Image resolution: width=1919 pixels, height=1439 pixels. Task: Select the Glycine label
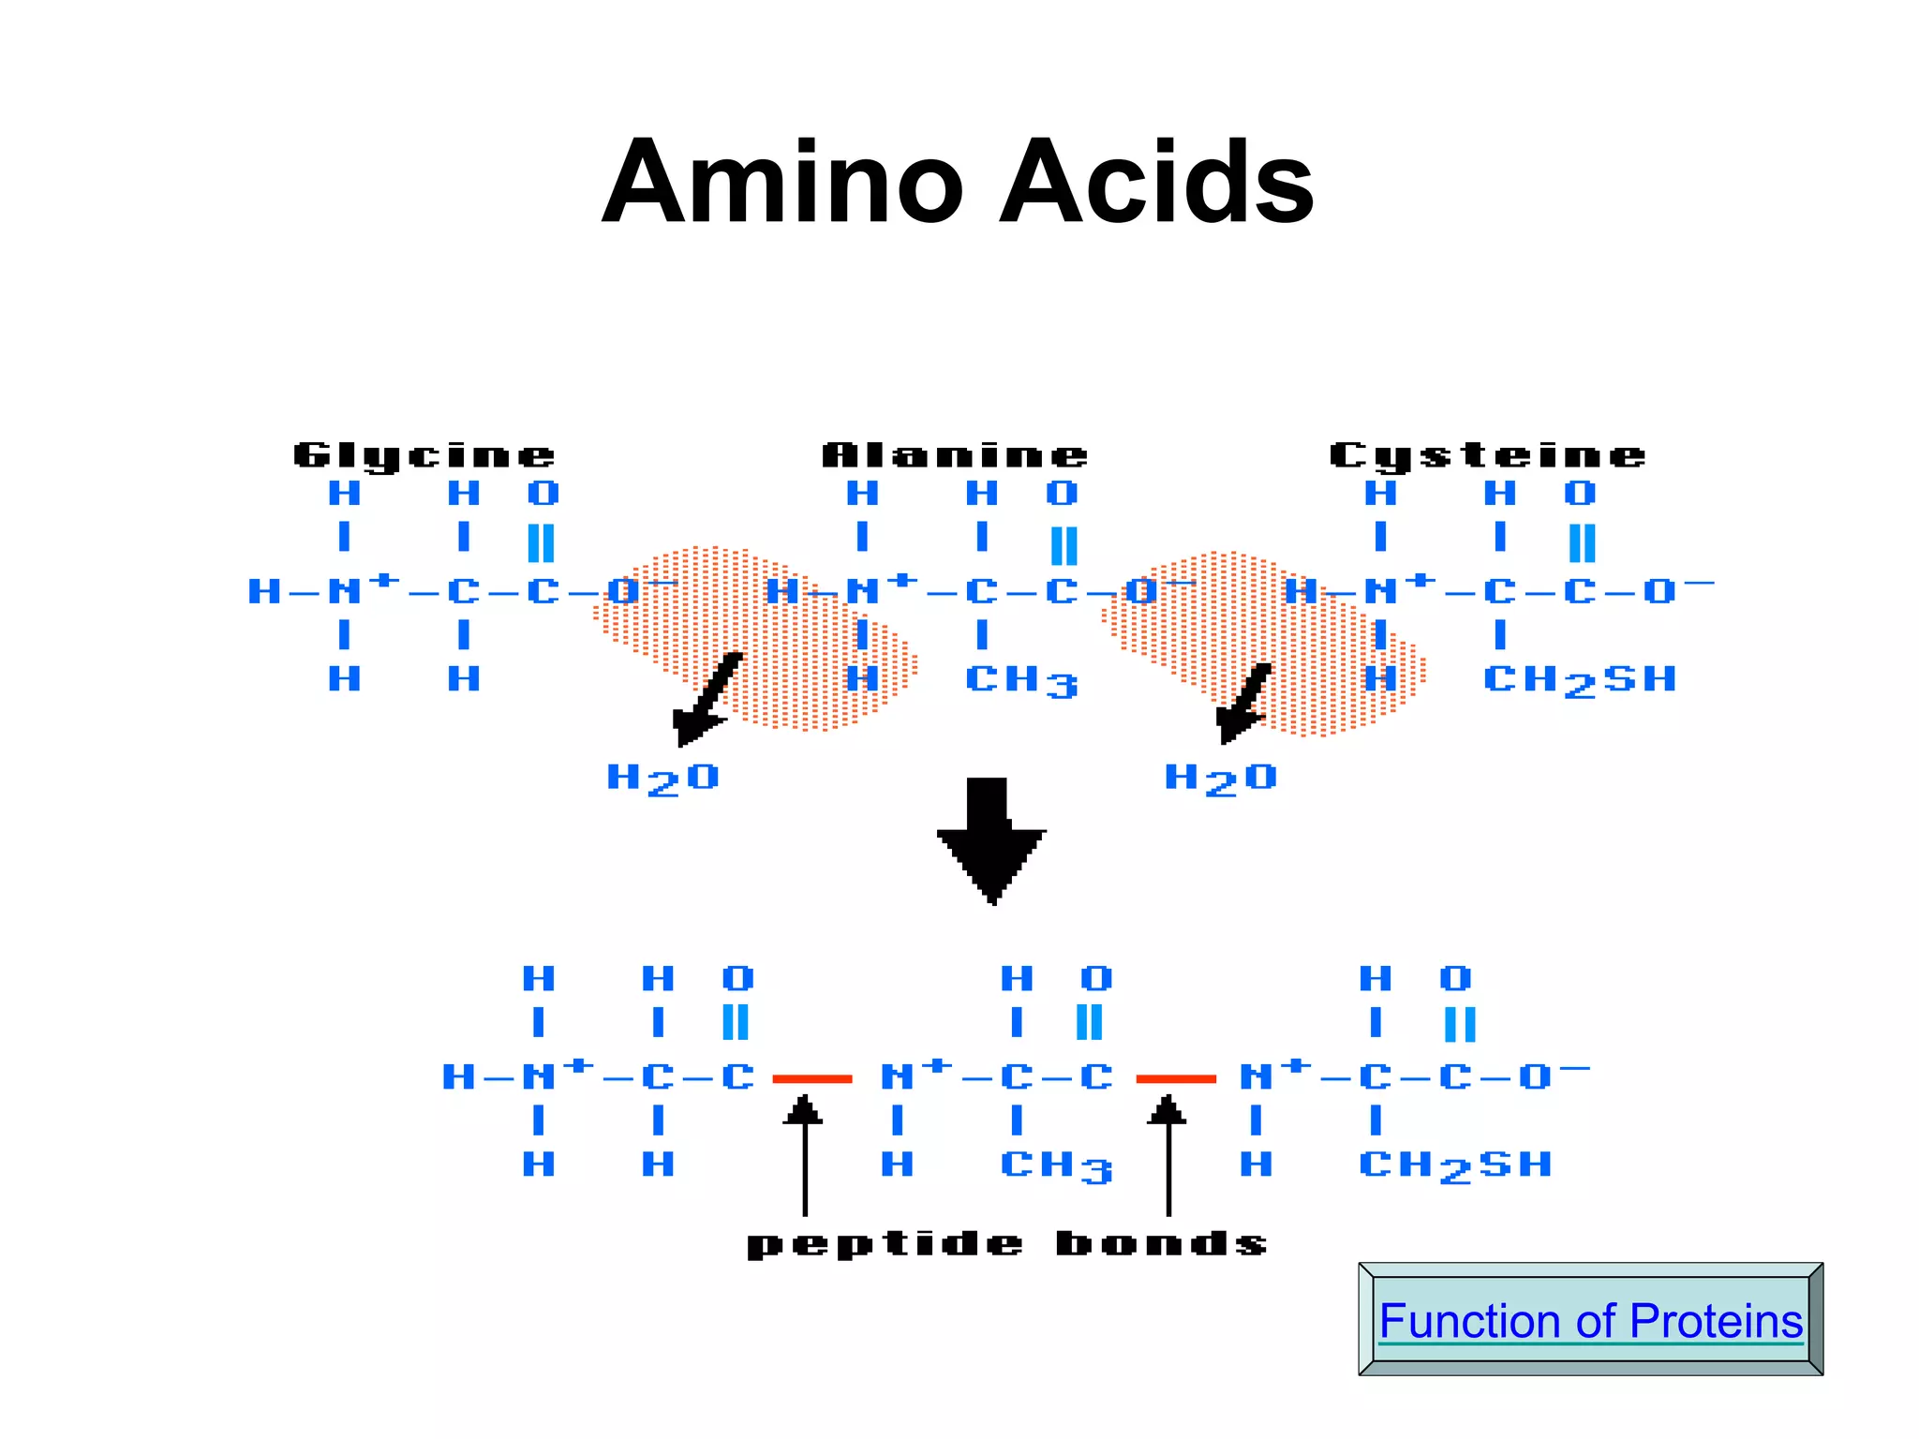point(424,455)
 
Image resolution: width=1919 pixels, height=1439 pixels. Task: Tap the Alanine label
point(955,455)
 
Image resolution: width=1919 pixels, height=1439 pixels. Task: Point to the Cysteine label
point(1487,455)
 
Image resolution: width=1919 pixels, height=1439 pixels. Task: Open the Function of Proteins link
point(1590,1321)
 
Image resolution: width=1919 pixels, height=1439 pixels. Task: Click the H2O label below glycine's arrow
point(662,779)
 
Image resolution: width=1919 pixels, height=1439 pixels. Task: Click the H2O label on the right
point(1220,779)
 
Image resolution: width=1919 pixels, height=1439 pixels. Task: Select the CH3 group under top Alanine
point(1021,681)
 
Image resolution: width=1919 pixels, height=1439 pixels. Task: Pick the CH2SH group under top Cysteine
point(1580,681)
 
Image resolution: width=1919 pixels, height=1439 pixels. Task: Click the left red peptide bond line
point(811,1079)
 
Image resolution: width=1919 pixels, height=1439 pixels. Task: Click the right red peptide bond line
point(1176,1079)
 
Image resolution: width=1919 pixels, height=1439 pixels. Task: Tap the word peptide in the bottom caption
point(885,1244)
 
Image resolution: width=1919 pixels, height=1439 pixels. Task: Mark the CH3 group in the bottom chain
point(1056,1166)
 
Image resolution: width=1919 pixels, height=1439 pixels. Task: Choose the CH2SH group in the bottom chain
point(1455,1166)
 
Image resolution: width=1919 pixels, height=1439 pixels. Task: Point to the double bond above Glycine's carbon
point(542,542)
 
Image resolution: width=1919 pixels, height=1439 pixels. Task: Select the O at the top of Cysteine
point(1580,493)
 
